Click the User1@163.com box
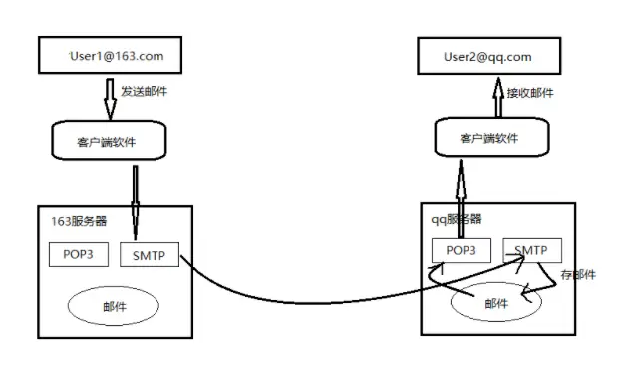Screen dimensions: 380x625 [116, 56]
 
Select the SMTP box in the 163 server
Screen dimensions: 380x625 [149, 254]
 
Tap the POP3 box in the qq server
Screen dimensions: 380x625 [461, 251]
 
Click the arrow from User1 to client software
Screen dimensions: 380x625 [111, 96]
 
